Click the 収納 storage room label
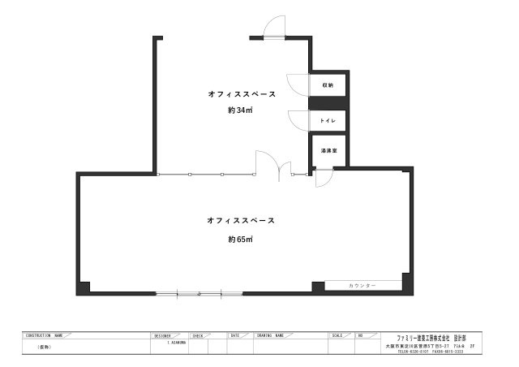(328, 84)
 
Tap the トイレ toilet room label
(328, 120)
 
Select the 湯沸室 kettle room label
(328, 151)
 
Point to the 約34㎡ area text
(241, 111)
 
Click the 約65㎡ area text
(241, 240)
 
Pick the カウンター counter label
(362, 286)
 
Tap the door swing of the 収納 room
(300, 84)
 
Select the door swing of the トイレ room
(300, 118)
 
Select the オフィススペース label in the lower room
(241, 220)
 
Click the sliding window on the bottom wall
(199, 292)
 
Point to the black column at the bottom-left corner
(84, 287)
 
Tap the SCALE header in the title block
(338, 335)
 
